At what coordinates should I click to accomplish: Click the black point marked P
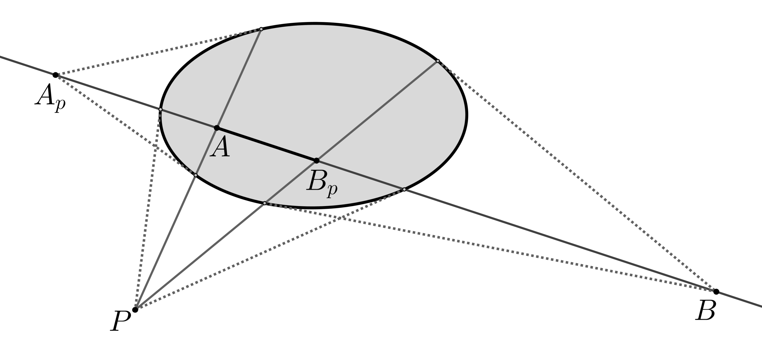(135, 310)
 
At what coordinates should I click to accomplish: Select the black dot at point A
(216, 128)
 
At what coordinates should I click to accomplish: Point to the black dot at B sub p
(316, 161)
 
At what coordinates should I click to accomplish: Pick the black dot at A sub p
(56, 75)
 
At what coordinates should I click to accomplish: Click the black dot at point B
(716, 292)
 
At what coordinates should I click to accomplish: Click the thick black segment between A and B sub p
(266, 144)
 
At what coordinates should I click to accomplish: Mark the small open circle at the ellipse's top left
(261, 29)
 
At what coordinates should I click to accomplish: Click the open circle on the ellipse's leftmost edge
(160, 110)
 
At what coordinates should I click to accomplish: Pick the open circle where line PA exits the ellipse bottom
(196, 175)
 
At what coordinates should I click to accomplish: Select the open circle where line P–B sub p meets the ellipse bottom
(265, 203)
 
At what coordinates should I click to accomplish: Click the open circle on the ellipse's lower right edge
(404, 189)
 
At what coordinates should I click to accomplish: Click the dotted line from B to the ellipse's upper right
(577, 176)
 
